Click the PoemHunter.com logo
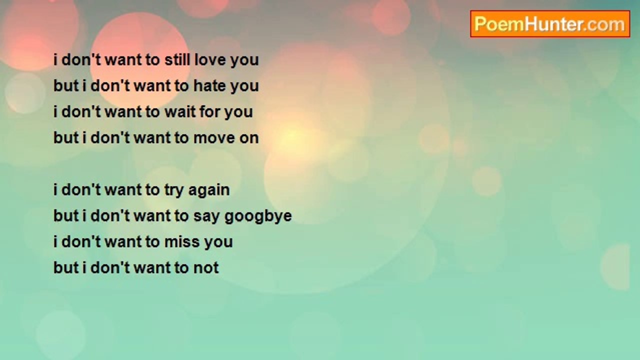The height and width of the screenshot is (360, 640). click(x=550, y=24)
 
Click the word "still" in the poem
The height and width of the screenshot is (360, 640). click(x=176, y=59)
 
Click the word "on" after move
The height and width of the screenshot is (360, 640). click(x=249, y=138)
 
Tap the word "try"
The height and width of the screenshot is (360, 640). click(x=173, y=190)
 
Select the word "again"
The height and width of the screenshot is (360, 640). click(x=209, y=190)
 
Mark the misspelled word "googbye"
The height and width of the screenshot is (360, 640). click(x=258, y=216)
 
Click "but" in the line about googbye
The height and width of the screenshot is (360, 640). click(x=65, y=215)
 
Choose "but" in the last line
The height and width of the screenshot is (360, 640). click(x=65, y=267)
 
